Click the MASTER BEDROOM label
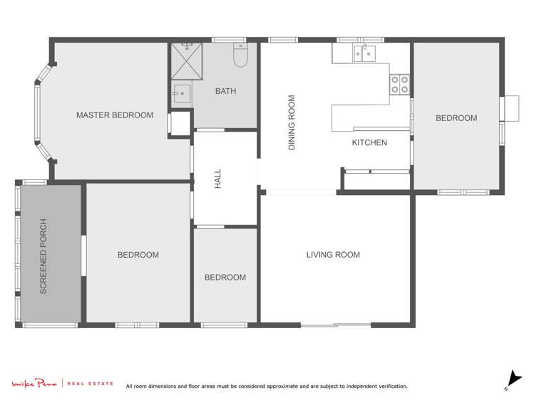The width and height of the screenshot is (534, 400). tap(114, 115)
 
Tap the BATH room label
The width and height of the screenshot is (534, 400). tap(225, 91)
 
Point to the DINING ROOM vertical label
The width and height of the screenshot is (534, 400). tap(292, 123)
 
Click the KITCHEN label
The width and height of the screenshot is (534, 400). tap(369, 142)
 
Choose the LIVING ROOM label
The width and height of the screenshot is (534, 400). tap(333, 254)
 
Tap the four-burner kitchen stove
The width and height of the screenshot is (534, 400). tap(399, 85)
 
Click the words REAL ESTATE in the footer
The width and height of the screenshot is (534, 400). tap(90, 384)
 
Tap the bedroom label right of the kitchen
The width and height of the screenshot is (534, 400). tap(456, 118)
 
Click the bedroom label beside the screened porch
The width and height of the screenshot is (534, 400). tap(138, 254)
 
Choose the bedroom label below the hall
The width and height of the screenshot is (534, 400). tap(225, 278)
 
